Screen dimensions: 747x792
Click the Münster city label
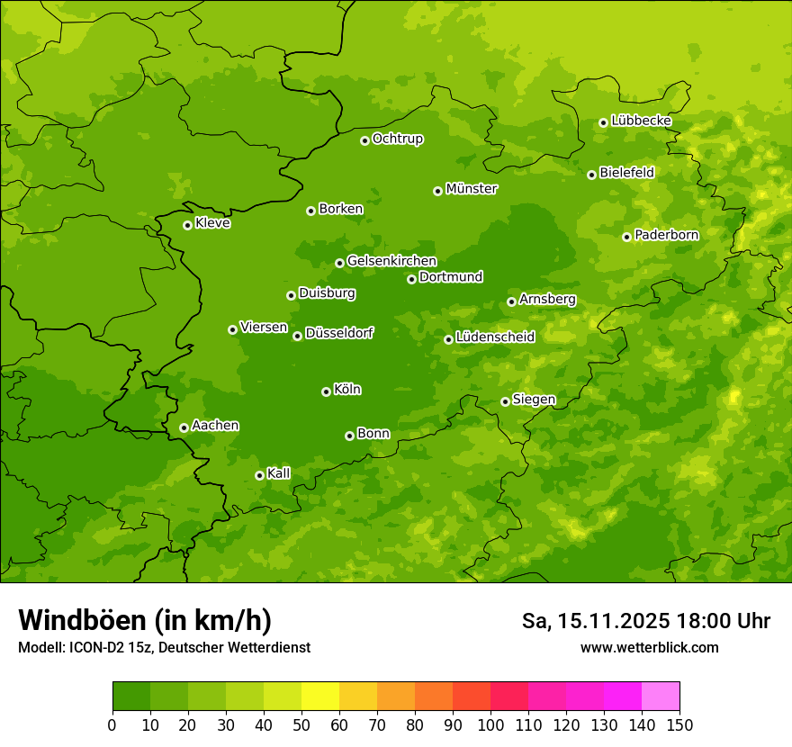click(472, 189)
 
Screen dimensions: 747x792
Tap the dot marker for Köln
click(326, 391)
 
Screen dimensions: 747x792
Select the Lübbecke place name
click(641, 121)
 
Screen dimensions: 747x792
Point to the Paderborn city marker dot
click(627, 237)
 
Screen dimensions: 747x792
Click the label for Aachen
click(215, 426)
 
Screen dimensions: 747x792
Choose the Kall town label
click(279, 473)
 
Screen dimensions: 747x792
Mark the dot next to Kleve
click(187, 225)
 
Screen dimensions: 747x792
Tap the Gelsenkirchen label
click(391, 261)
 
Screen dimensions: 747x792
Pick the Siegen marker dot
click(505, 401)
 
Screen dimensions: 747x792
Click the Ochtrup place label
click(398, 139)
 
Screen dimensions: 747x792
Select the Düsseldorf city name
click(339, 333)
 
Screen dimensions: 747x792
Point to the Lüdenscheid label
click(495, 337)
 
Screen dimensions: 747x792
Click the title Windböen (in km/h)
click(145, 620)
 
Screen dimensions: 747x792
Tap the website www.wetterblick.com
click(649, 647)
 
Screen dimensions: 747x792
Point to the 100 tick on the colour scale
click(490, 724)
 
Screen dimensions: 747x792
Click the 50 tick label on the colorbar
click(301, 724)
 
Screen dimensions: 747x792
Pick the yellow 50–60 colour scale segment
click(320, 697)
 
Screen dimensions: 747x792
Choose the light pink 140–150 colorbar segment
click(661, 697)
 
